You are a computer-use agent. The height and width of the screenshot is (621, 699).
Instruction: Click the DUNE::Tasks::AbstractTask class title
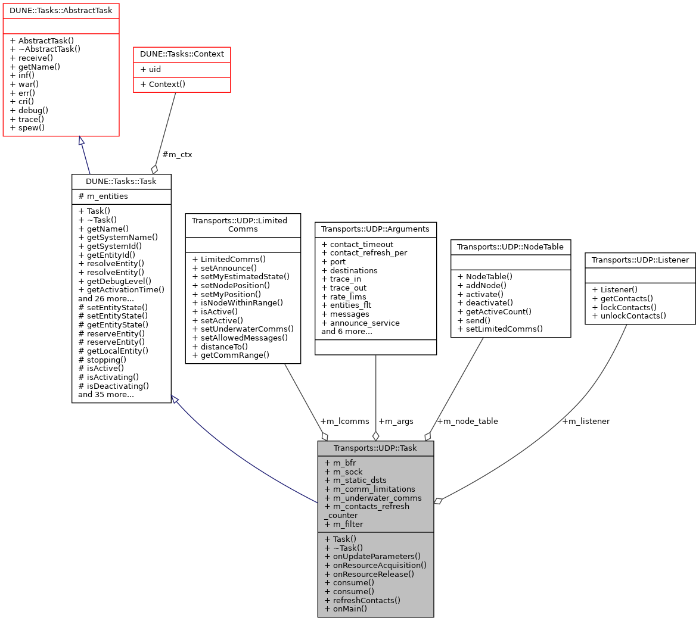[x=61, y=11]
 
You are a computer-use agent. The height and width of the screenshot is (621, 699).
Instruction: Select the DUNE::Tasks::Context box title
[x=182, y=54]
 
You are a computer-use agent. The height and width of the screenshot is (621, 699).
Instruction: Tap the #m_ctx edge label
[x=177, y=154]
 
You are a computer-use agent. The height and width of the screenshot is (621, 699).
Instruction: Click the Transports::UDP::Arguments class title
[x=375, y=228]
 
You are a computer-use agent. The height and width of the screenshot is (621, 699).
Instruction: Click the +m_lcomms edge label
[x=344, y=421]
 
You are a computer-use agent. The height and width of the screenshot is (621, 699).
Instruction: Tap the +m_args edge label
[x=396, y=421]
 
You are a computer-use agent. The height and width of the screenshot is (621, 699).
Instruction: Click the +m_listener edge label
[x=585, y=421]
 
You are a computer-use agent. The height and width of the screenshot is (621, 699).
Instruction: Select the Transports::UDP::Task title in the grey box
[x=375, y=448]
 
